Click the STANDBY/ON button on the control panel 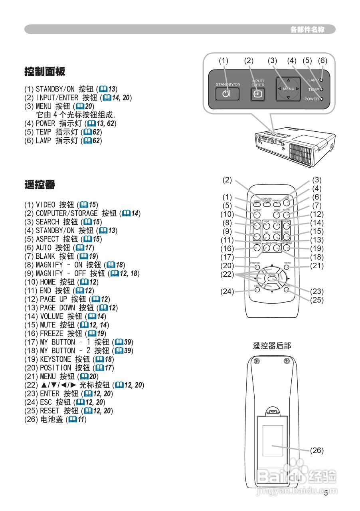227,94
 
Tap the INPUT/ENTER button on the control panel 257,94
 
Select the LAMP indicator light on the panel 322,80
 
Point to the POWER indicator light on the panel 322,99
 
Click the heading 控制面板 44,72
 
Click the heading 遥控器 39,185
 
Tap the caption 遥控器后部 272,346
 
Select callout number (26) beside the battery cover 316,450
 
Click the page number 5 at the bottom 326,493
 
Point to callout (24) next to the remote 227,291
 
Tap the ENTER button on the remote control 272,280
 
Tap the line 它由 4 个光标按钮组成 76,115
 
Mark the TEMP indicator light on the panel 322,89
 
